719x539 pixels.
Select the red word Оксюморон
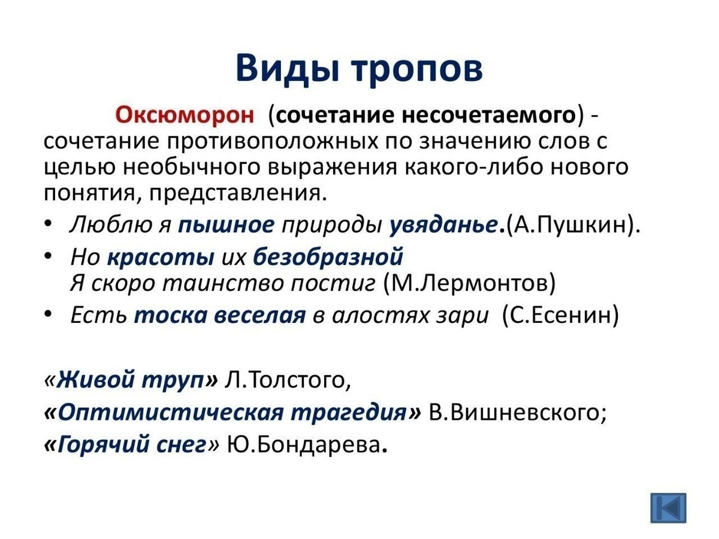pos(185,116)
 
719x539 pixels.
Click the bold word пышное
pos(226,226)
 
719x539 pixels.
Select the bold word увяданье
pos(443,226)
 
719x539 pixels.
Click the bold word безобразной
pos(328,257)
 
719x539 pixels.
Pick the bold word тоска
pos(171,316)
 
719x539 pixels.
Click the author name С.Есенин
pos(560,316)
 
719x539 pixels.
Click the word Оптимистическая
pos(170,413)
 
